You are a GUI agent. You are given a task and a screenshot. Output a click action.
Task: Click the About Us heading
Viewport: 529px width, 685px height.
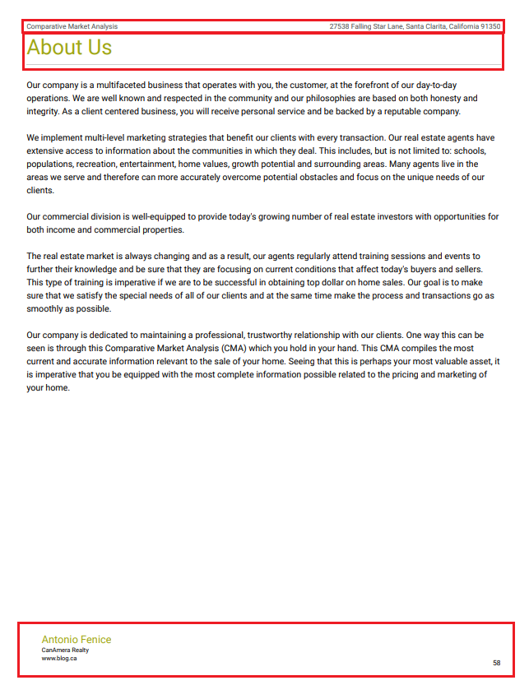click(x=69, y=48)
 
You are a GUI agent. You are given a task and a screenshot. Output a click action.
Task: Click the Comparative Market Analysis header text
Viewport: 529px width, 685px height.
click(x=72, y=26)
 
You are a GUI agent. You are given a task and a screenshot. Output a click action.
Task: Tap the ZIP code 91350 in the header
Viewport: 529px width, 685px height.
click(x=490, y=26)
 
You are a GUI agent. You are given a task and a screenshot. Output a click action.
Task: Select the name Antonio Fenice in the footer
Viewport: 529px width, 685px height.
click(x=77, y=640)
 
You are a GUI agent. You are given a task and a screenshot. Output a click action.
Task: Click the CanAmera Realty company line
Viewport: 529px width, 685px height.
click(x=65, y=650)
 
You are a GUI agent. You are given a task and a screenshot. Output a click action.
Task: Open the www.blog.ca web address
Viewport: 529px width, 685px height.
click(x=59, y=658)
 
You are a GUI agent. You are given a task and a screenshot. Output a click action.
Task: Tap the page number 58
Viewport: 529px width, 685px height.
click(x=496, y=662)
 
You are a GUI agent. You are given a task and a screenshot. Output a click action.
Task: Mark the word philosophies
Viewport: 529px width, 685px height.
click(x=313, y=98)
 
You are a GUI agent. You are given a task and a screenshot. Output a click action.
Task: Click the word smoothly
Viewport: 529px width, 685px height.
click(x=49, y=309)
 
